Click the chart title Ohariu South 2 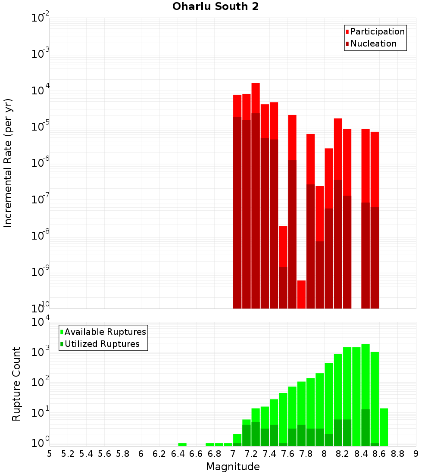point(215,7)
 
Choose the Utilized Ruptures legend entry point(102,344)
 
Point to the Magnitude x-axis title point(233,467)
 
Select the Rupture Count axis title point(16,384)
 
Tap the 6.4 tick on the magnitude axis point(178,454)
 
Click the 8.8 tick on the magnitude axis point(397,454)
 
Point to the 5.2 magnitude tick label point(68,454)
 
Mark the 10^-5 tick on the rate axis point(40,127)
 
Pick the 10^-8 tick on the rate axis point(40,236)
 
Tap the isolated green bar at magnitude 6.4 point(182,444)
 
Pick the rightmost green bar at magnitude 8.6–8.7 point(384,427)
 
